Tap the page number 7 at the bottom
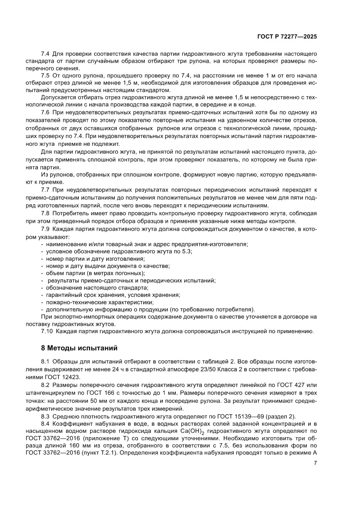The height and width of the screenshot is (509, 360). click(315, 463)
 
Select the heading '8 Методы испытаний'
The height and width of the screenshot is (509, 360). click(77, 348)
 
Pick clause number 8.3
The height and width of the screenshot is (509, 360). click(45, 416)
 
